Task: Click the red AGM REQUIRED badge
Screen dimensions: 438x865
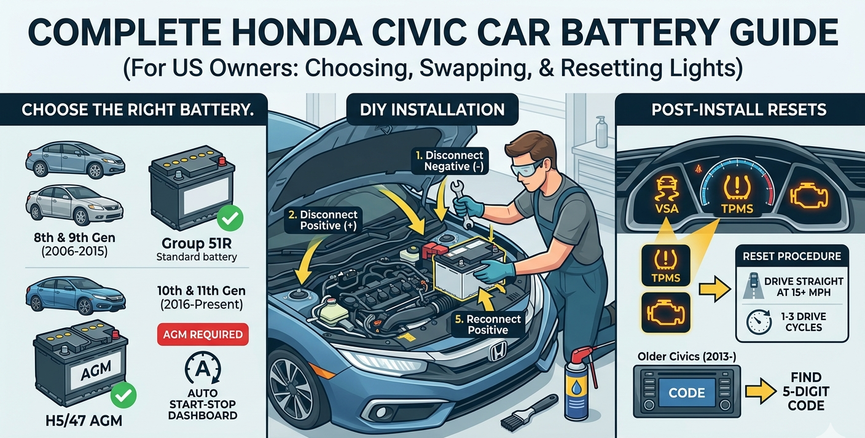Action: point(203,335)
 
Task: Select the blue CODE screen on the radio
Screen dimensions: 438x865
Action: point(687,393)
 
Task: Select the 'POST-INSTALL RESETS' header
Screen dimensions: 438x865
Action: point(739,110)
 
